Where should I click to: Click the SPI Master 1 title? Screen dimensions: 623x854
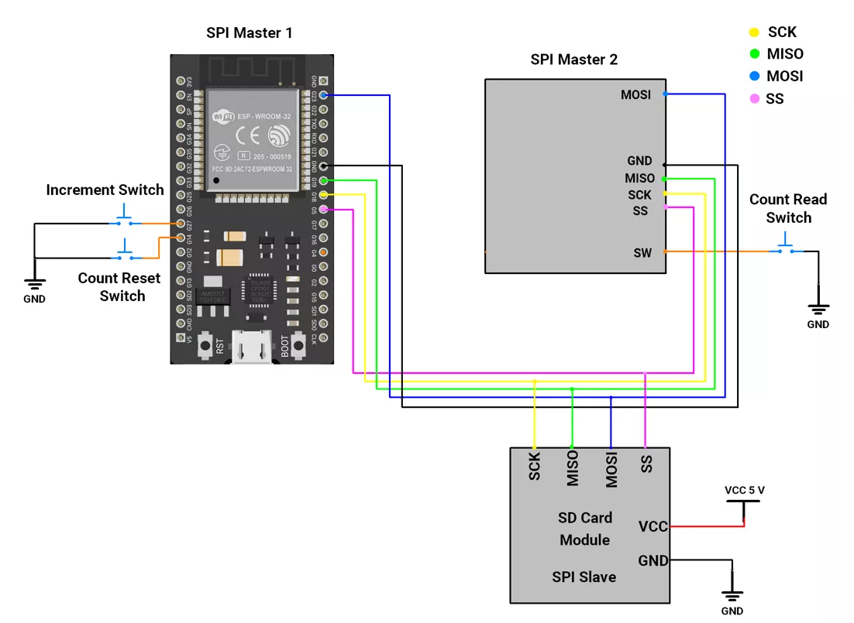click(249, 33)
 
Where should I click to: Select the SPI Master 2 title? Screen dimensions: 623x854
click(573, 60)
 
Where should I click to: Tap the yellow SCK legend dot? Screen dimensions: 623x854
click(754, 33)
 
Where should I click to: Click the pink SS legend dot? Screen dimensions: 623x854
click(754, 99)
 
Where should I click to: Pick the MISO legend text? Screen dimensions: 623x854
click(784, 54)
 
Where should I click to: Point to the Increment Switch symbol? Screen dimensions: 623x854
click(124, 219)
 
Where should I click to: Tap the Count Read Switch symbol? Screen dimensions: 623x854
click(788, 246)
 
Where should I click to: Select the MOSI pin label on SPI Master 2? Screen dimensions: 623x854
click(635, 95)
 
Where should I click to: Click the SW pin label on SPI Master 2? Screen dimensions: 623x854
click(642, 253)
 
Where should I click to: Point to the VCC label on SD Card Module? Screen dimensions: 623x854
click(653, 527)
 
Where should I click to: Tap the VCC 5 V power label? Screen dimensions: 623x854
click(744, 491)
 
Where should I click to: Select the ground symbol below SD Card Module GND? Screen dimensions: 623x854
click(732, 597)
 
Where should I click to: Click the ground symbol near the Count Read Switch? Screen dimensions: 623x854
click(818, 310)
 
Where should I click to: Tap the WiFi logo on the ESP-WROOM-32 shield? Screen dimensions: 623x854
click(223, 117)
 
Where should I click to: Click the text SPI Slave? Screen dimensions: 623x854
click(584, 577)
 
